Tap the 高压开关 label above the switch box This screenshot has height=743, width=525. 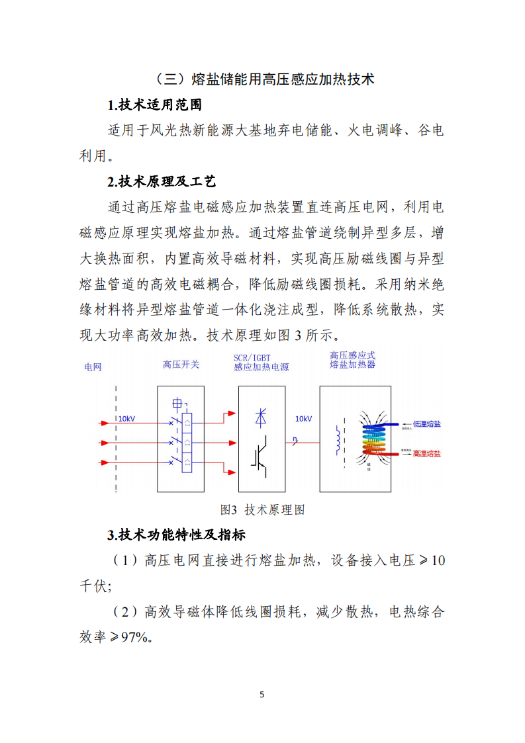point(181,365)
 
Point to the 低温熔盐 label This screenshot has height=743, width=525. point(427,423)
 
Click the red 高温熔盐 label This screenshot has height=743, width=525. point(427,454)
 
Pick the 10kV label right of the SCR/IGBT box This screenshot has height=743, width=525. point(303,419)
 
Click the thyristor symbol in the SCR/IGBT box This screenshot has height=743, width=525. point(262,417)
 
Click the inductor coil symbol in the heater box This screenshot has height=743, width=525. point(338,440)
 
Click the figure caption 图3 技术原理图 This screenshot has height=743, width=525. point(262,510)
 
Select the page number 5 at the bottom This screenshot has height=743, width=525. point(262,695)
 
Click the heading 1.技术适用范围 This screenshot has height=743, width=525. point(154,105)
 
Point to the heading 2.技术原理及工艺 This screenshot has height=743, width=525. point(162,182)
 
